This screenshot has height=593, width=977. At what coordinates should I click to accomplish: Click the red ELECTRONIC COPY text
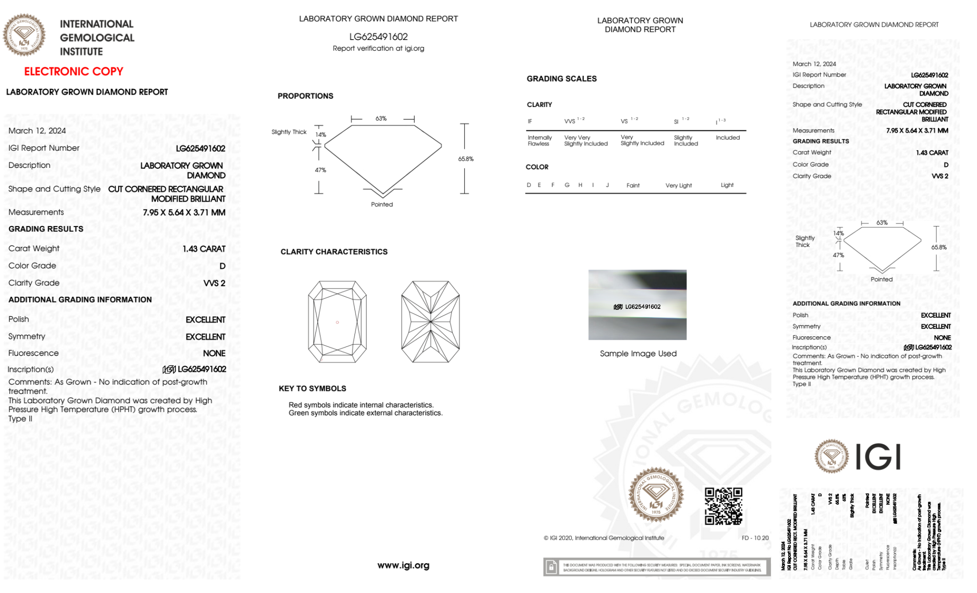(x=74, y=72)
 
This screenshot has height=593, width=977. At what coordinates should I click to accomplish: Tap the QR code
(x=723, y=506)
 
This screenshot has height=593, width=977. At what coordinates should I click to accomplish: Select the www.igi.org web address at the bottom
(x=403, y=565)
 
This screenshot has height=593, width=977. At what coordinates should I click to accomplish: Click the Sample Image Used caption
(x=638, y=353)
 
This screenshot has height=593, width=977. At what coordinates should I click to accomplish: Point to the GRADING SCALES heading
(x=561, y=79)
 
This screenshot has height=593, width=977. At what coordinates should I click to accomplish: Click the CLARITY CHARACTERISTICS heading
(x=334, y=252)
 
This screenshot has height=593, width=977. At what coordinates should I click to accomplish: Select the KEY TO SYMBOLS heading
(x=312, y=389)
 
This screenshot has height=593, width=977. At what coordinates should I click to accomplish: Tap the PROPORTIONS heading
(x=306, y=96)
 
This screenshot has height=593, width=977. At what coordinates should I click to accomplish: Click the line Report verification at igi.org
(x=378, y=48)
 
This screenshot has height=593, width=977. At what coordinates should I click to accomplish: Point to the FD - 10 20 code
(x=755, y=538)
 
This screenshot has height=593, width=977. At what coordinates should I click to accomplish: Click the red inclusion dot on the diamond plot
(x=337, y=322)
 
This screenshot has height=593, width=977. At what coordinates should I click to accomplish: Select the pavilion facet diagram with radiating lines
(x=430, y=322)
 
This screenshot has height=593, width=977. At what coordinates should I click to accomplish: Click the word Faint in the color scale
(x=633, y=185)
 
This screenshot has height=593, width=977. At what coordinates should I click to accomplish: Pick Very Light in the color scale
(x=678, y=185)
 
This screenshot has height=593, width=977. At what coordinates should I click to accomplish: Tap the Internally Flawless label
(x=540, y=141)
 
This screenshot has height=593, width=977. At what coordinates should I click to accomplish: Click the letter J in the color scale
(x=607, y=185)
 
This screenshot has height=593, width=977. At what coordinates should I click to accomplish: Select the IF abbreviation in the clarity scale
(x=530, y=122)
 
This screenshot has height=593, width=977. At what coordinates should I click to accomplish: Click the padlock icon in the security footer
(x=551, y=567)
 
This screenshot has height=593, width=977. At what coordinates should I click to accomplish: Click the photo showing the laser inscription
(x=637, y=305)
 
